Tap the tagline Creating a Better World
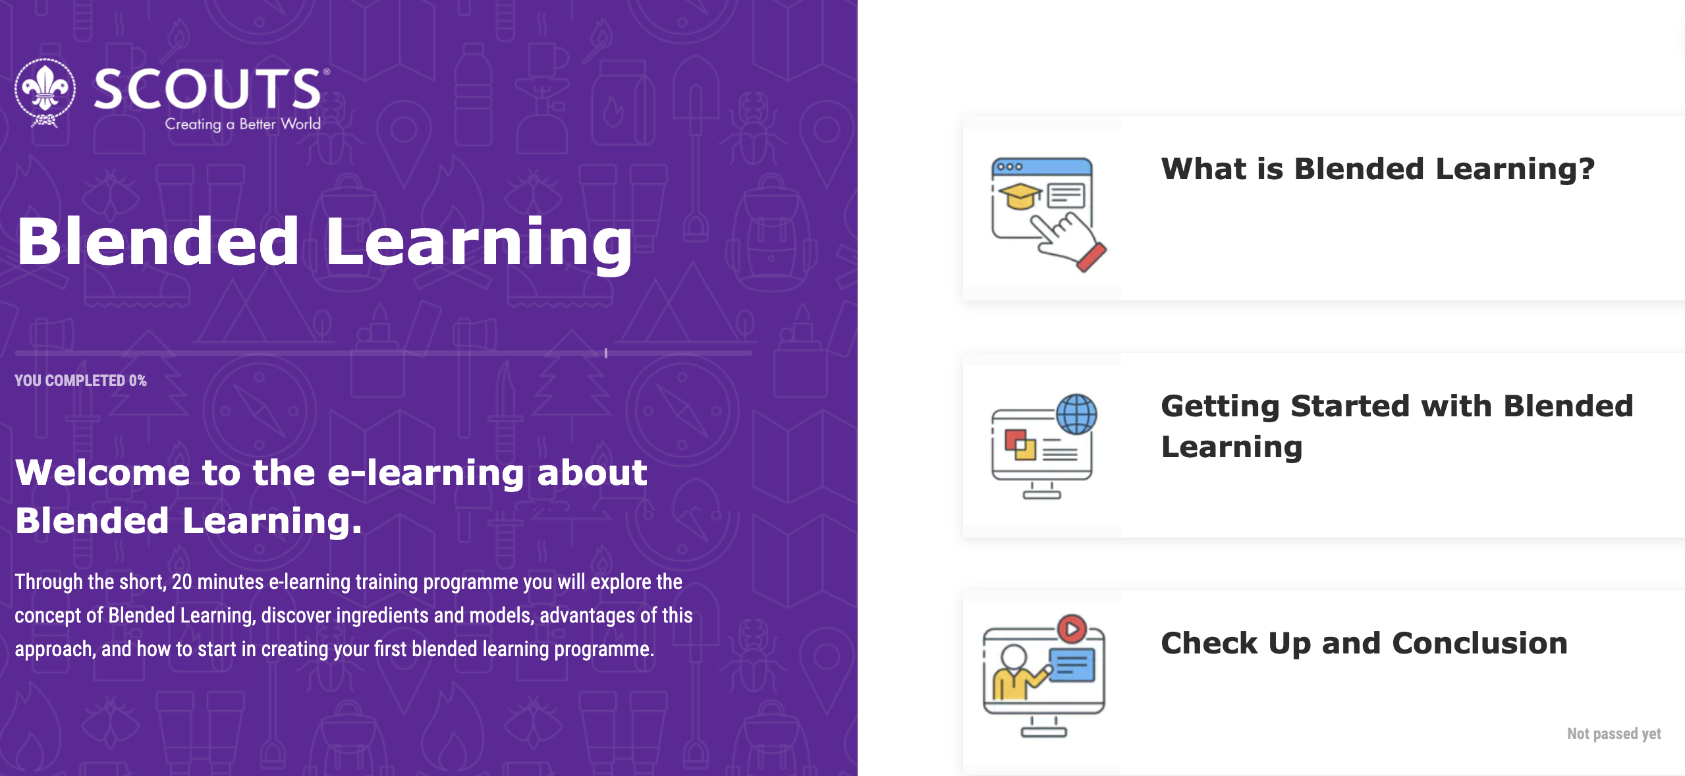[x=242, y=124]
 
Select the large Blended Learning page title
[x=324, y=242]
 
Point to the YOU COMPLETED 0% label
[x=80, y=381]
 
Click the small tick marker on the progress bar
[x=606, y=353]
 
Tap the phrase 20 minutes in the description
[x=217, y=582]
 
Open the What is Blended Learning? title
[x=1377, y=169]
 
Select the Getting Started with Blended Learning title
[x=1396, y=426]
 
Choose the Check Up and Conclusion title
[x=1364, y=644]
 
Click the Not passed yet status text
[x=1614, y=734]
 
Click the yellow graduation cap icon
[x=1020, y=196]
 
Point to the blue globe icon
[x=1076, y=414]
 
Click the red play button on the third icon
[x=1072, y=629]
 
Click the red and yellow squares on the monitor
[x=1020, y=445]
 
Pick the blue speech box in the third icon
[x=1072, y=665]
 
